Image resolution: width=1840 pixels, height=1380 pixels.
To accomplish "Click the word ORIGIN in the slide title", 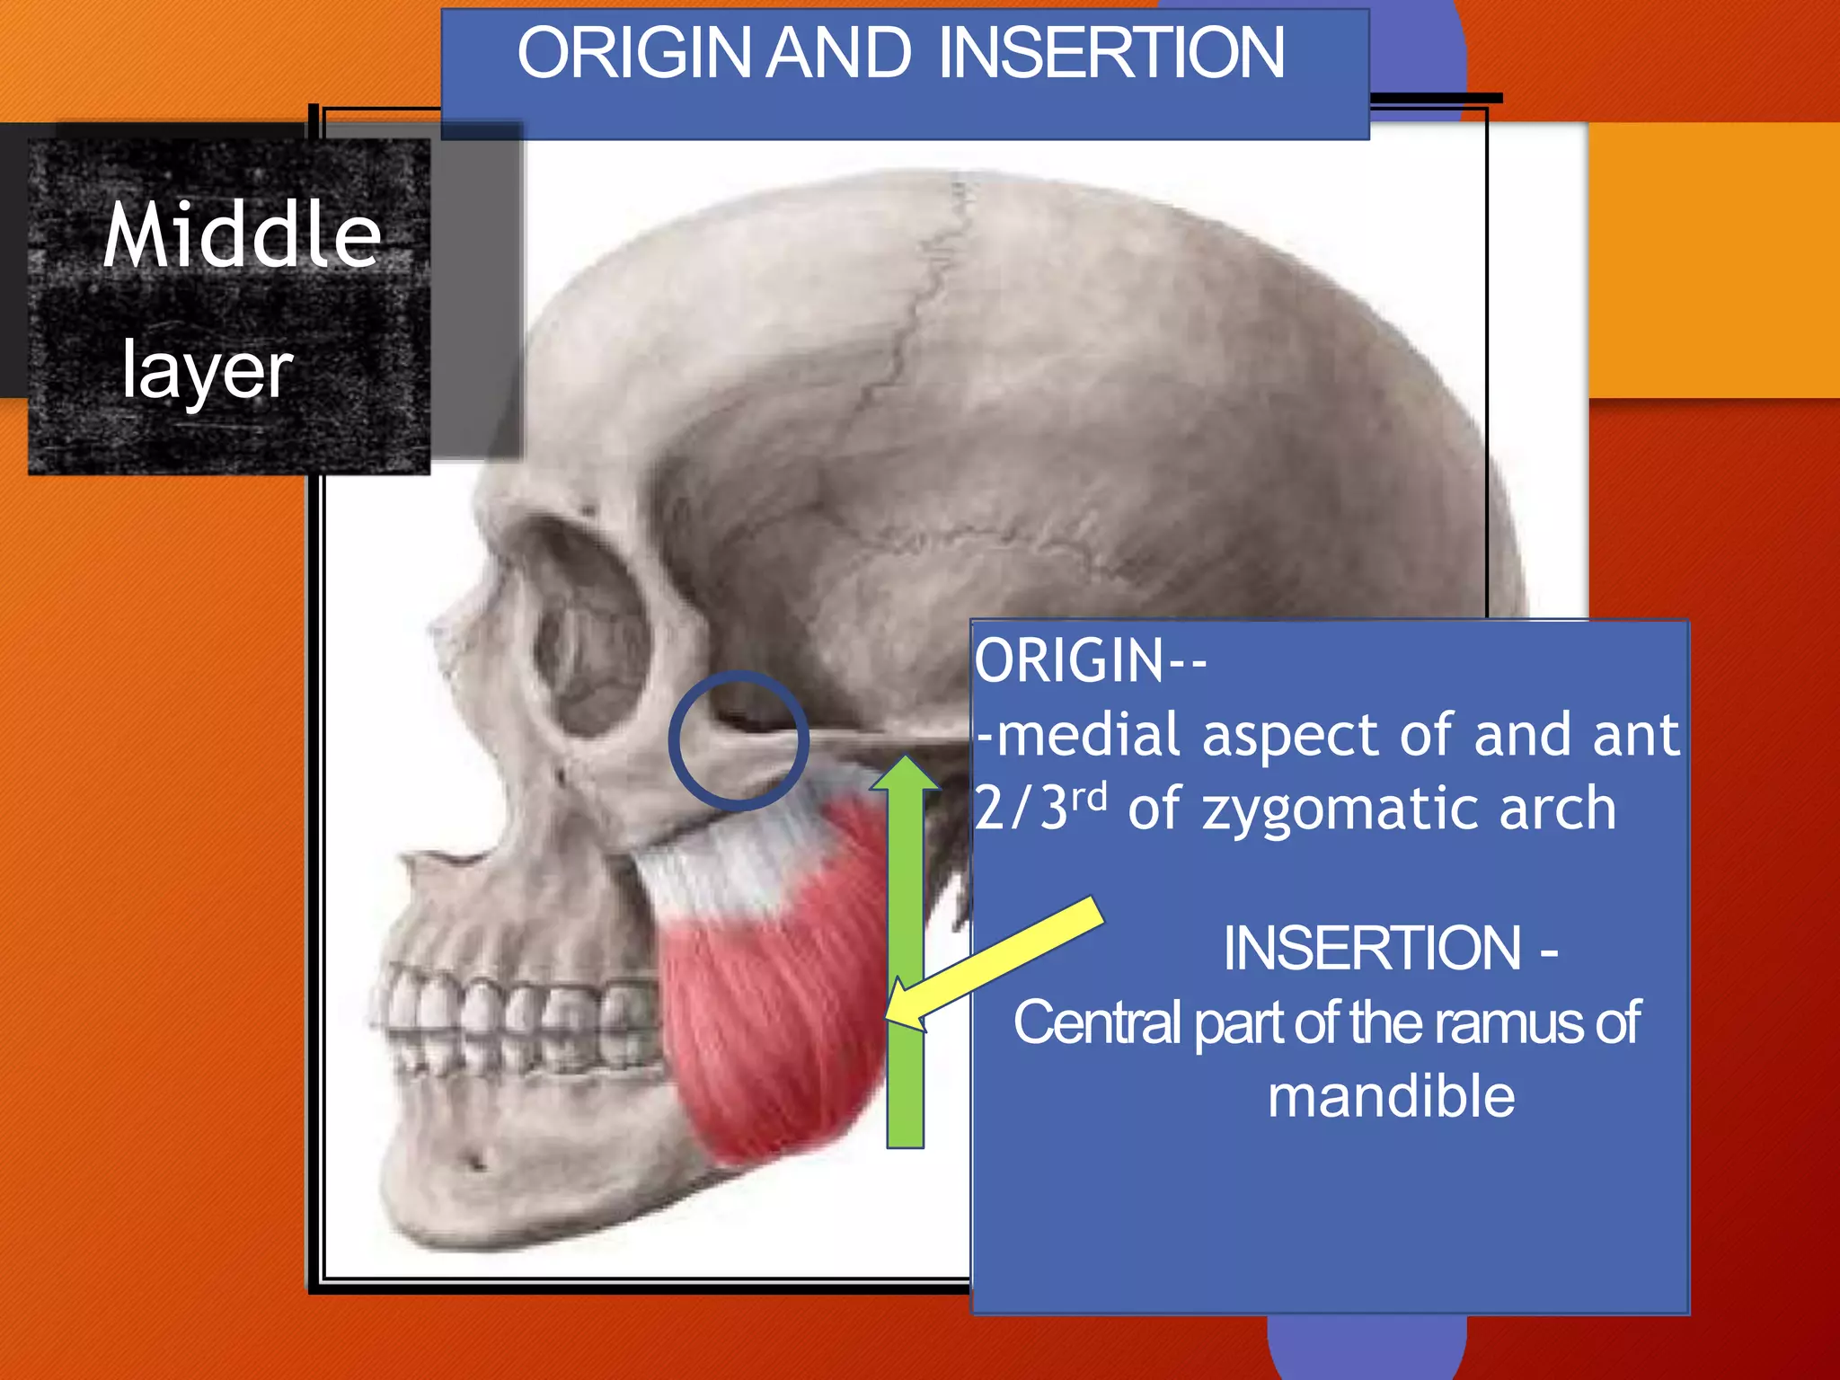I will [x=633, y=54].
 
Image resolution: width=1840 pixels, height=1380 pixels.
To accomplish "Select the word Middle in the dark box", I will [x=243, y=235].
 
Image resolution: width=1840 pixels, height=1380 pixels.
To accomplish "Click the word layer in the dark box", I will [x=208, y=370].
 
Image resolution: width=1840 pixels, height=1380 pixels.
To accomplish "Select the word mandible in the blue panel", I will [x=1391, y=1097].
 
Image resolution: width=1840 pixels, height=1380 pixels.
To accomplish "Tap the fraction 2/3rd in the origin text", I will [x=1040, y=806].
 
